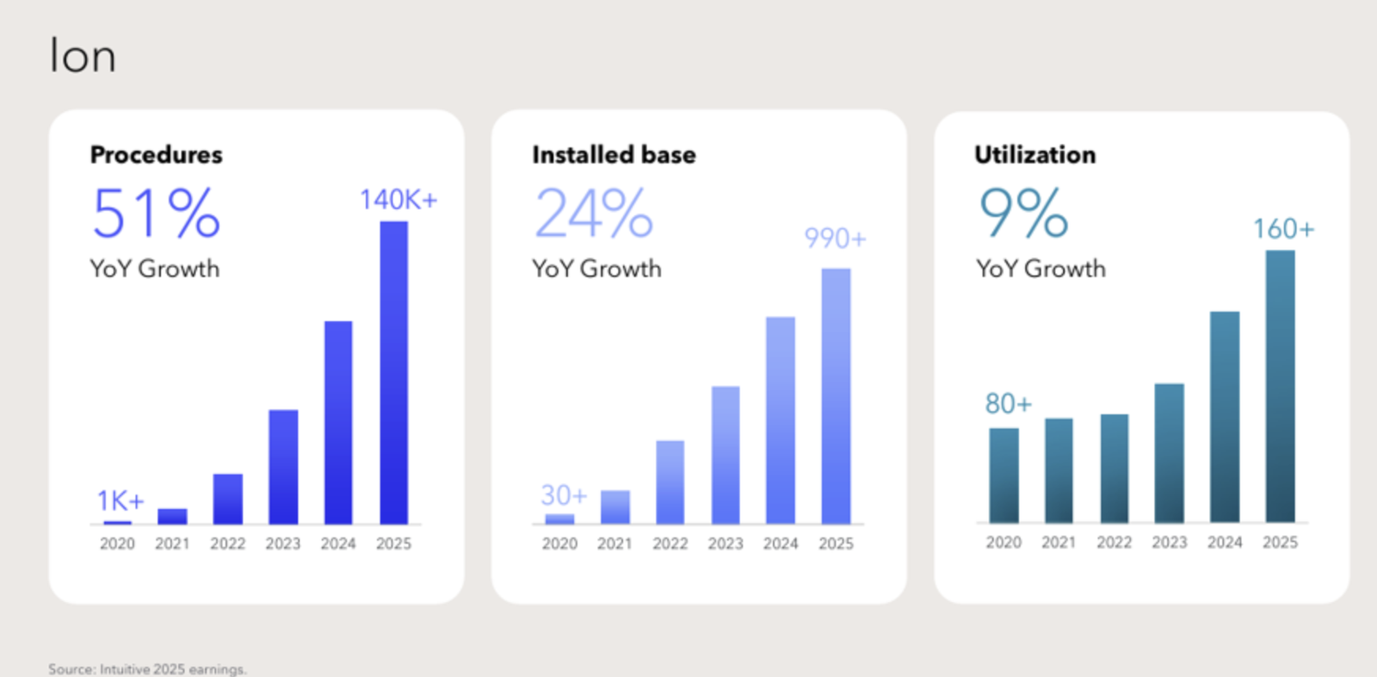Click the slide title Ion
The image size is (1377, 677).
(x=83, y=55)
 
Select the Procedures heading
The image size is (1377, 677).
(x=156, y=154)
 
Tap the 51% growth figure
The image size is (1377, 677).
(x=156, y=213)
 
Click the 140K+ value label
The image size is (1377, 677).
(x=398, y=200)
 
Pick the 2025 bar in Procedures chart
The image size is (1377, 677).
(x=394, y=373)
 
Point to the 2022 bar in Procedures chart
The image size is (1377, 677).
(x=228, y=499)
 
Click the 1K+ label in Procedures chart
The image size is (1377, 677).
(x=120, y=501)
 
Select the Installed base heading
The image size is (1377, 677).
(x=614, y=154)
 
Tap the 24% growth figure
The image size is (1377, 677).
(x=594, y=213)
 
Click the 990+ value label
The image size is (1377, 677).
(x=836, y=239)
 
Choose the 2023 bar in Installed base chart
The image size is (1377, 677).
(x=726, y=456)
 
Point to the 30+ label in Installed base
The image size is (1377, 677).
(x=564, y=494)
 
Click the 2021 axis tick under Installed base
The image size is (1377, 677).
(x=614, y=543)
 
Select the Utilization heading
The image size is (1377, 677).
(x=1035, y=154)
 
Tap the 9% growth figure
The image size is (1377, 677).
(x=1023, y=213)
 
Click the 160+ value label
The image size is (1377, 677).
(x=1283, y=229)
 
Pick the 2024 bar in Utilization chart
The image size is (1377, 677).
(x=1225, y=417)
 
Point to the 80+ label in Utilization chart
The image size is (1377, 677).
(x=1008, y=404)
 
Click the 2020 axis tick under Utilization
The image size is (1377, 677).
(x=1003, y=543)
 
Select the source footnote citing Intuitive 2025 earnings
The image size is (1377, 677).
(x=147, y=669)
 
